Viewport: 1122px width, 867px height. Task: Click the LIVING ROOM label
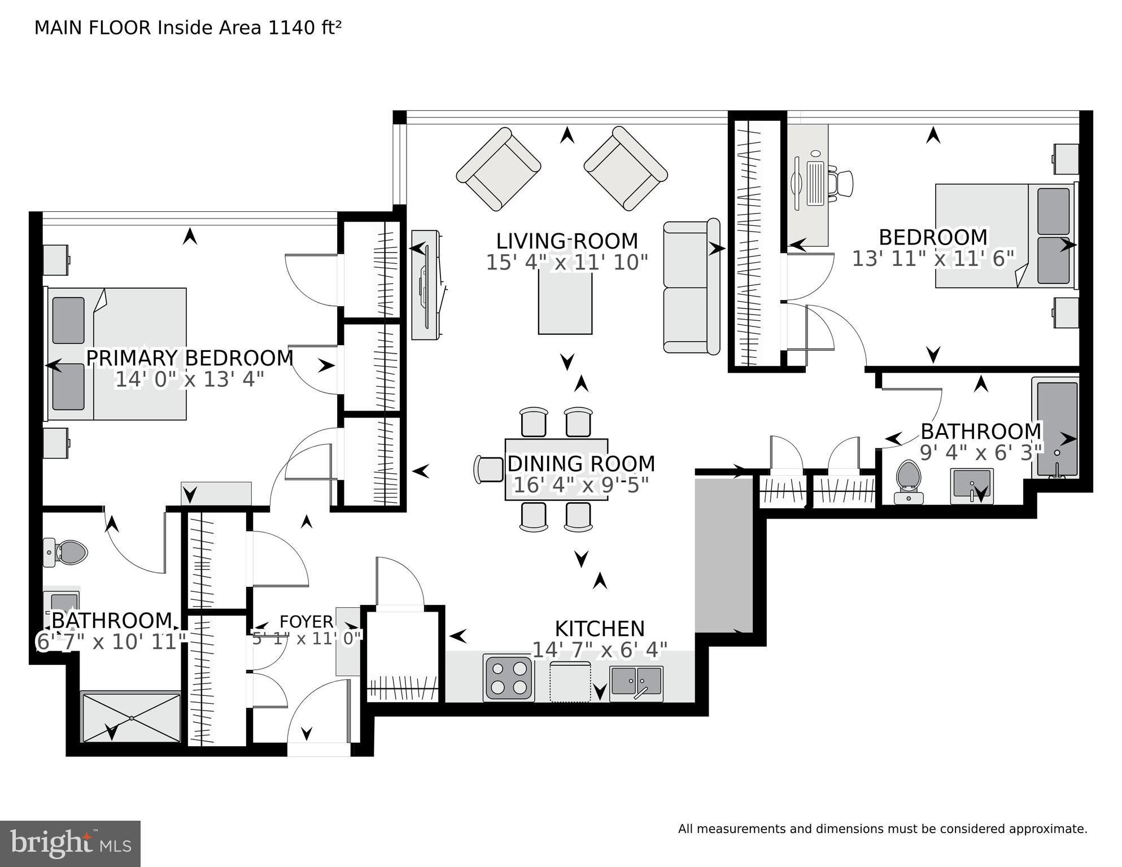567,241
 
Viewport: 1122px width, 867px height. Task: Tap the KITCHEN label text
600,629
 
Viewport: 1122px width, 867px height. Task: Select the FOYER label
307,622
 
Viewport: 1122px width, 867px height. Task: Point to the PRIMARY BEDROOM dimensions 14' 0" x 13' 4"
190,379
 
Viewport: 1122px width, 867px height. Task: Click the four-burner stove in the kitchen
508,678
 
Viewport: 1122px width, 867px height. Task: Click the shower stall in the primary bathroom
131,717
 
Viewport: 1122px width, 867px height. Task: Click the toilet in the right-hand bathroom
909,481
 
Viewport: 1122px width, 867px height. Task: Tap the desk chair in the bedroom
841,183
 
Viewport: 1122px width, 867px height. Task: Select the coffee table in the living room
565,299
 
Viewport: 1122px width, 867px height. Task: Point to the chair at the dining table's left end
489,469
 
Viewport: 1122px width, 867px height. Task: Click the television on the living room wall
426,285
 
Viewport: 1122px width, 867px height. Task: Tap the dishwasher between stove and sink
571,682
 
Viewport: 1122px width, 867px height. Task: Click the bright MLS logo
70,843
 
